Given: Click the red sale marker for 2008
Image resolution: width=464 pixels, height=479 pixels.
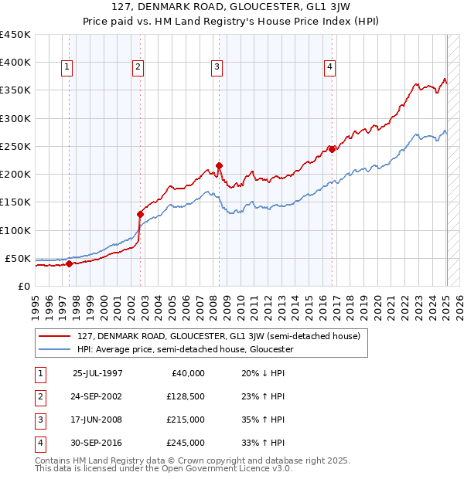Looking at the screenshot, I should click(x=219, y=165).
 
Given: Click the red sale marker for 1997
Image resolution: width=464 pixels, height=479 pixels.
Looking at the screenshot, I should click(x=69, y=263).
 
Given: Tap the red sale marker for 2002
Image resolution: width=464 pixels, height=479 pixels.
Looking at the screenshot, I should click(x=140, y=214).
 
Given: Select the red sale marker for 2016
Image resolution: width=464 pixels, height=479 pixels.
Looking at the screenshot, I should click(x=332, y=149).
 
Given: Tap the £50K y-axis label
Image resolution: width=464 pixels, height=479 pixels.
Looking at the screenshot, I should click(x=18, y=258).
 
